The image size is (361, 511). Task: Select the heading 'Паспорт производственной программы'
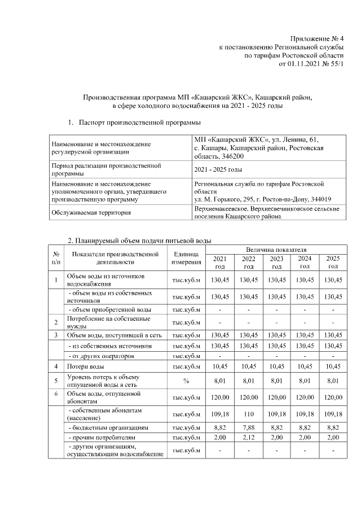coord(140,122)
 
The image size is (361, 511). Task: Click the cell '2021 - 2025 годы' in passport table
coord(218,170)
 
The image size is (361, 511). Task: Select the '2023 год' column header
coord(276,262)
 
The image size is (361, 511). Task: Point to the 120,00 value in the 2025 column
coord(333,397)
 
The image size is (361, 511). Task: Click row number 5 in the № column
coord(56,381)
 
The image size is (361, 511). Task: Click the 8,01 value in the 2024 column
coord(305,381)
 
